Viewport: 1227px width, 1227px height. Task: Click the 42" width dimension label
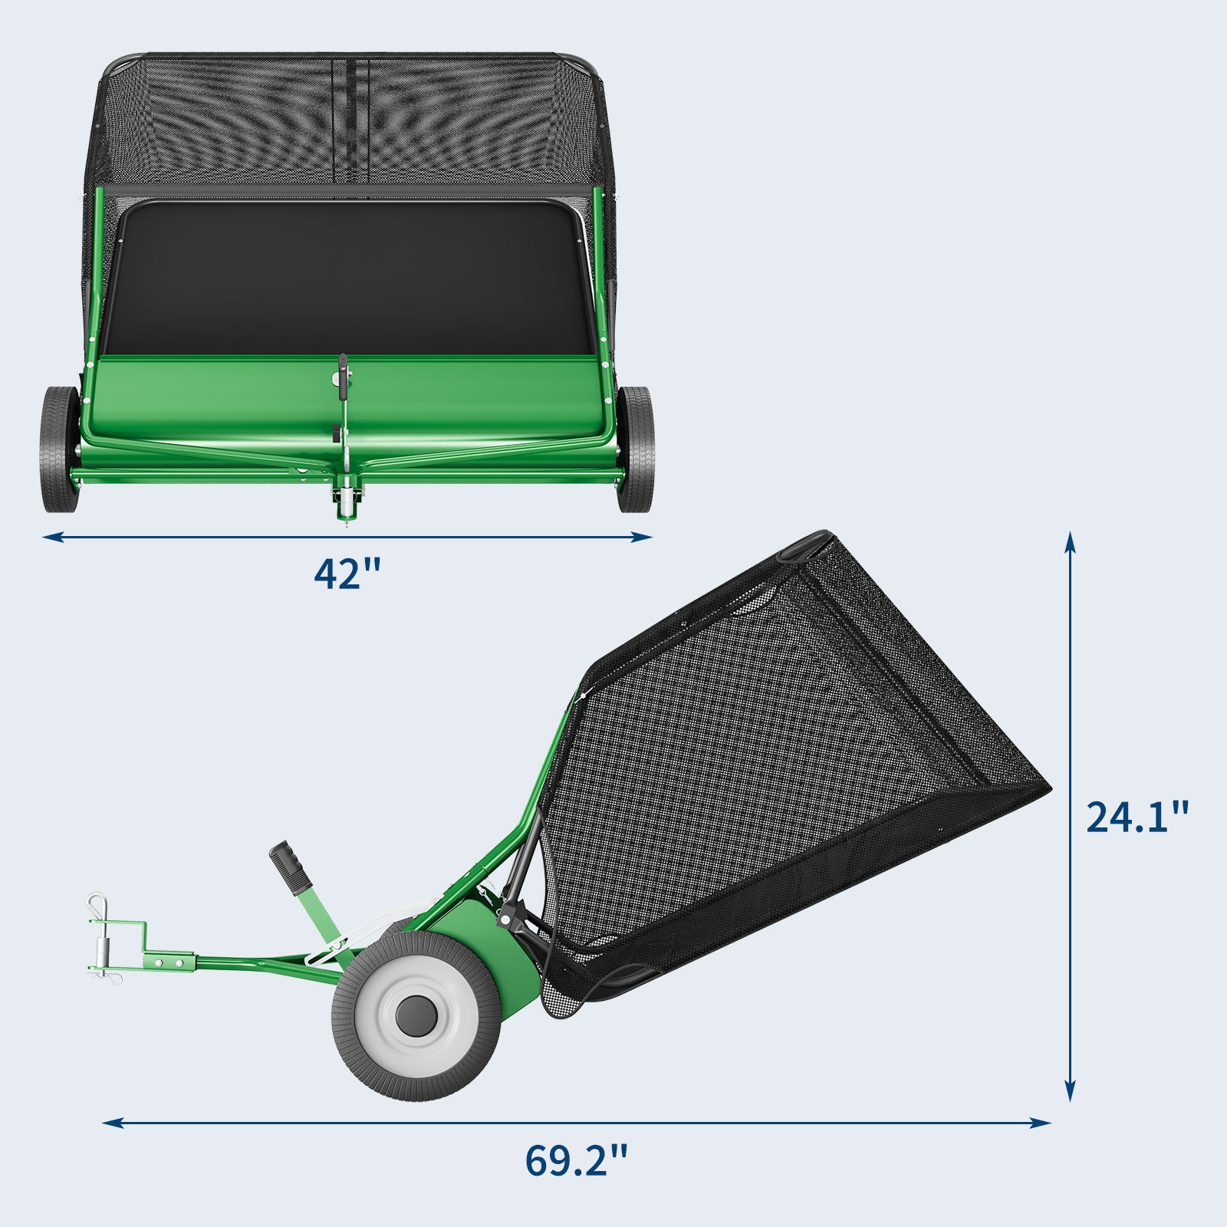pyautogui.click(x=347, y=573)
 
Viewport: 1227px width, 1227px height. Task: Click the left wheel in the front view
pyautogui.click(x=61, y=449)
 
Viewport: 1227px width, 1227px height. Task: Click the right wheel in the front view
pyautogui.click(x=635, y=449)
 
